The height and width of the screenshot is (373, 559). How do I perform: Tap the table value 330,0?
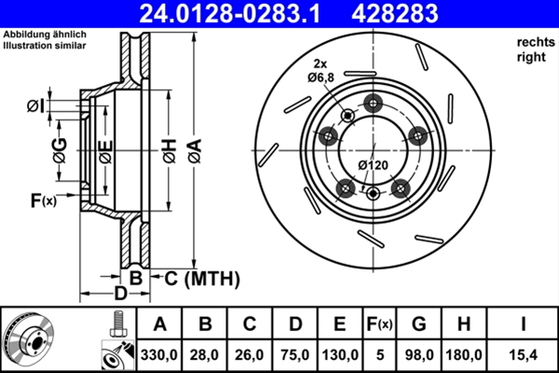(159, 355)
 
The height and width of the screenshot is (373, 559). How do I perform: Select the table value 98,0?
(418, 355)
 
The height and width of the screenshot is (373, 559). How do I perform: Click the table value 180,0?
(468, 355)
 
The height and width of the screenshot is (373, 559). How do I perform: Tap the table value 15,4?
(524, 355)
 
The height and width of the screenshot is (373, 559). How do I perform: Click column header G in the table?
(418, 325)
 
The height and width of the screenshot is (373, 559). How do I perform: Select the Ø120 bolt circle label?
(374, 165)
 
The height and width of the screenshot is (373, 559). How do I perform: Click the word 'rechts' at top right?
(532, 42)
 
